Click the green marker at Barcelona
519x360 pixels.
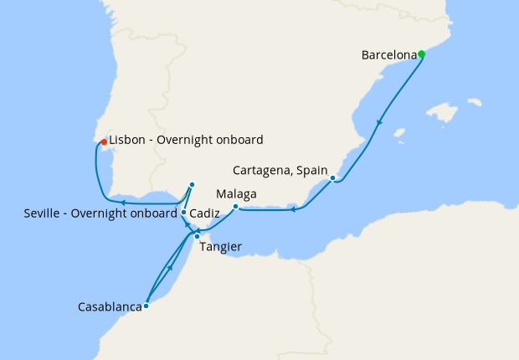[x=421, y=54]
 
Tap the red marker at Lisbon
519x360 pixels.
[x=103, y=141]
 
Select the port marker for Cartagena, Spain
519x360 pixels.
[x=332, y=178]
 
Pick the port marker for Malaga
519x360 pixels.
[x=236, y=207]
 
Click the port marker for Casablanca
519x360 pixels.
[x=146, y=306]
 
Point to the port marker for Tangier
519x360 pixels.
[x=198, y=237]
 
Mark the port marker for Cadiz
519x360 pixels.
[x=183, y=213]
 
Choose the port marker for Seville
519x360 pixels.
[x=192, y=184]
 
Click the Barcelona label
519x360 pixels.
[x=388, y=55]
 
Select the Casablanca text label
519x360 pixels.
[x=109, y=307]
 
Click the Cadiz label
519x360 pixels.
[x=205, y=213]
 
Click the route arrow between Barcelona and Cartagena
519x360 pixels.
[x=379, y=123]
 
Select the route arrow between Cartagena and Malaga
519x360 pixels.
[x=293, y=209]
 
